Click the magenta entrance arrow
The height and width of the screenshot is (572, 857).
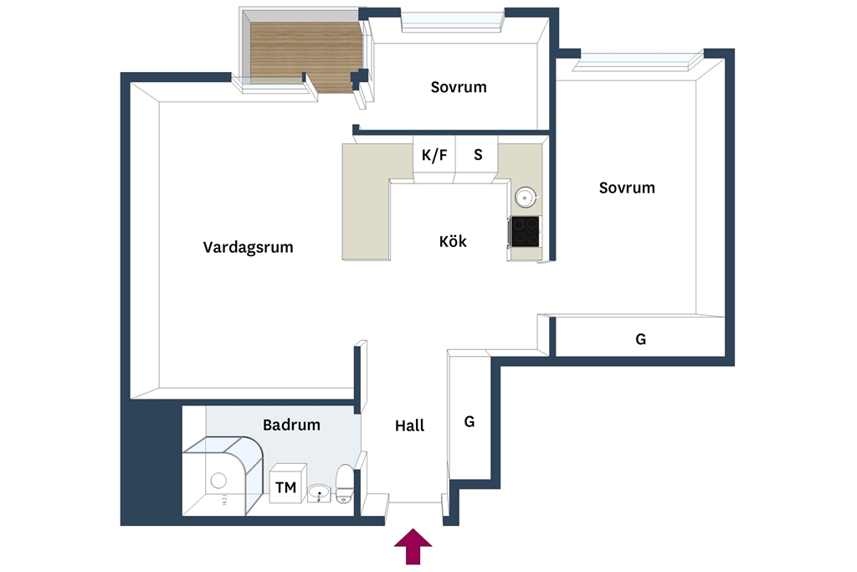(x=413, y=546)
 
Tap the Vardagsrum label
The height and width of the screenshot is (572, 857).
(x=248, y=247)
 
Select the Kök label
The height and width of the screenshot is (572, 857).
(x=453, y=241)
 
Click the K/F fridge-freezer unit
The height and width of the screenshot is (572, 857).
(x=434, y=158)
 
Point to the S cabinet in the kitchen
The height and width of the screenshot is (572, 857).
(x=477, y=158)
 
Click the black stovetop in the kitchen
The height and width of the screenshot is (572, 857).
(x=526, y=231)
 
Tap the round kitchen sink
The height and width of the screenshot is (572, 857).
(x=526, y=197)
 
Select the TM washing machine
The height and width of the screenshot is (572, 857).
(x=288, y=483)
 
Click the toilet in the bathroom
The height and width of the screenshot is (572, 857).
(x=345, y=483)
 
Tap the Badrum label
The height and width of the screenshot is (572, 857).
(x=291, y=425)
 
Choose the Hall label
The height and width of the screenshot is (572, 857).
(x=409, y=425)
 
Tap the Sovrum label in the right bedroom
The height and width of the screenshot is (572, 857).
(x=627, y=188)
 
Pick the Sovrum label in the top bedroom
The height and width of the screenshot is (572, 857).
(x=459, y=87)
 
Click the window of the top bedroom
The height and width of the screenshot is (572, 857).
(x=453, y=22)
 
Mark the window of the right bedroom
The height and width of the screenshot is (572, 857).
(x=638, y=61)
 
